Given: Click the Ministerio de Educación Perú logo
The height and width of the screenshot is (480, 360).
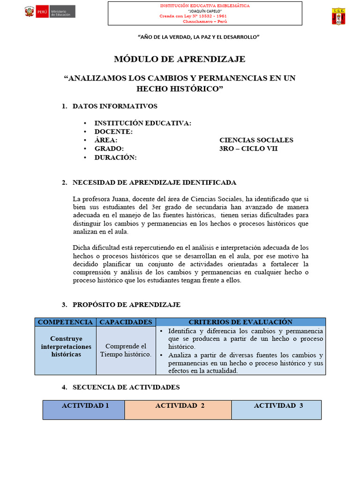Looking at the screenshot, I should pos(50,12).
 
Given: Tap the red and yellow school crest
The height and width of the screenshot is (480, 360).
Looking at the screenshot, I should pos(339,16).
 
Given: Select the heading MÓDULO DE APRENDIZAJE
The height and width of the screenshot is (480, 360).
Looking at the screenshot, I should pos(180,59).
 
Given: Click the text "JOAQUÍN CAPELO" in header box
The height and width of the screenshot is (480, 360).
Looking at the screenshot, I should pos(205,10).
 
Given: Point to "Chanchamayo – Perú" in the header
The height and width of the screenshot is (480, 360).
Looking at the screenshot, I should pos(205,22).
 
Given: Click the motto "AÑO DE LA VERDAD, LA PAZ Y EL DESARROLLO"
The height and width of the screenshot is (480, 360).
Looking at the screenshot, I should pos(198,37).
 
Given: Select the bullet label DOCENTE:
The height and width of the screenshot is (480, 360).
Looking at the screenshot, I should pos(113,132).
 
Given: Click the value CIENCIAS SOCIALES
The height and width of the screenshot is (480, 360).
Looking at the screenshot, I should pos(256,140).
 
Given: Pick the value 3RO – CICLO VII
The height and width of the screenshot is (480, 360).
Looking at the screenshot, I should pos(248,149).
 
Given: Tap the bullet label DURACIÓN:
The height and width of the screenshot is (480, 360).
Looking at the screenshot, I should pos(115,157).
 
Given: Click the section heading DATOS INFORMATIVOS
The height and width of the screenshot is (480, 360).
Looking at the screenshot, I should pos(115,106).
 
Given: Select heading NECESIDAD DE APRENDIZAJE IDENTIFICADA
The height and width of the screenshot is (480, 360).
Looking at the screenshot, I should pos(154,182).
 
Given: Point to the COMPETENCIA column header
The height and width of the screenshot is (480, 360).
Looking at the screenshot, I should pos(65,322).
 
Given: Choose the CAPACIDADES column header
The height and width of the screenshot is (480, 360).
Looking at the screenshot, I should pos(126,322).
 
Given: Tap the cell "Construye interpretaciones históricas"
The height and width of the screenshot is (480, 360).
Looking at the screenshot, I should pos(66,346).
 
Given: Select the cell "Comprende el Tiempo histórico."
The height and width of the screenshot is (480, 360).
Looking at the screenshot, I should pos(126,350).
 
